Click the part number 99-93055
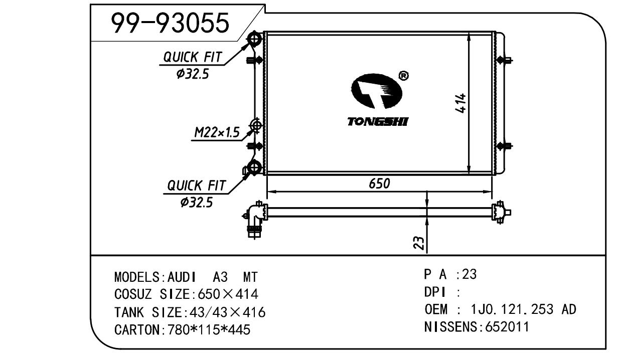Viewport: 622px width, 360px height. (x=170, y=23)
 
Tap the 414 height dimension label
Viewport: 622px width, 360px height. (x=460, y=103)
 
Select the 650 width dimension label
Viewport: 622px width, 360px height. (x=379, y=184)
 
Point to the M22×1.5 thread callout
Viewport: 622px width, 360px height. (x=217, y=132)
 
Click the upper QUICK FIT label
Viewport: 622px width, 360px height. (x=192, y=57)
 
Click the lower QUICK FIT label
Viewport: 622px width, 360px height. (x=196, y=186)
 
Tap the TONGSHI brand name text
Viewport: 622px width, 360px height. (x=378, y=121)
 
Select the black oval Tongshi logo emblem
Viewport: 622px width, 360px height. (x=377, y=91)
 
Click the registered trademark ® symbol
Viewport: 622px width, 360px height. (x=403, y=76)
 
